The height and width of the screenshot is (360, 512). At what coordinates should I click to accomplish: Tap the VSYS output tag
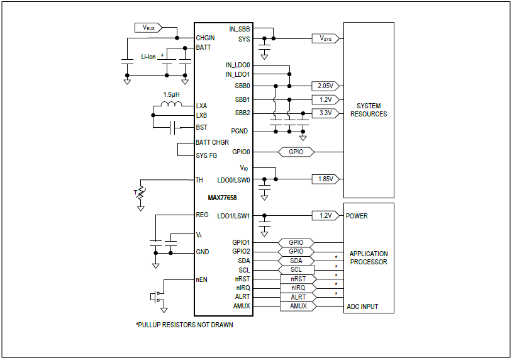coord(326,39)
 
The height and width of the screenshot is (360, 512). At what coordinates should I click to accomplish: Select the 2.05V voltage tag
coord(325,86)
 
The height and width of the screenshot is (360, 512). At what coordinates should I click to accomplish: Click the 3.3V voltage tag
coord(325,113)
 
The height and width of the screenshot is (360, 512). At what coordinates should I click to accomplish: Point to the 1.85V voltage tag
coord(325,179)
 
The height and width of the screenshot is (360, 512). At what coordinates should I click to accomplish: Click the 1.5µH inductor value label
coord(171,94)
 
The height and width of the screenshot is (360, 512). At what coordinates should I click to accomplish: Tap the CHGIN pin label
coord(206,38)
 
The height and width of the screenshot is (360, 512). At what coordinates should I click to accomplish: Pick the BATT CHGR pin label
coord(212,142)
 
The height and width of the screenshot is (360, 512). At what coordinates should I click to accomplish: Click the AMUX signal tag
coord(298,307)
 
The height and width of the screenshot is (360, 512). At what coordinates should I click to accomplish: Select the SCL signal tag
coord(296,270)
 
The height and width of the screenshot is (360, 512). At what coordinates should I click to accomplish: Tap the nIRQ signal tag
coord(298,288)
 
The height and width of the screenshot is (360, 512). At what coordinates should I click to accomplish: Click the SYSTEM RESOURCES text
coord(368,110)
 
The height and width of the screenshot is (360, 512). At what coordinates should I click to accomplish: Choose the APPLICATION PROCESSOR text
coord(369,258)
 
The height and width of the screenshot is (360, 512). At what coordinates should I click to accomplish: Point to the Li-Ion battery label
coord(148,57)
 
